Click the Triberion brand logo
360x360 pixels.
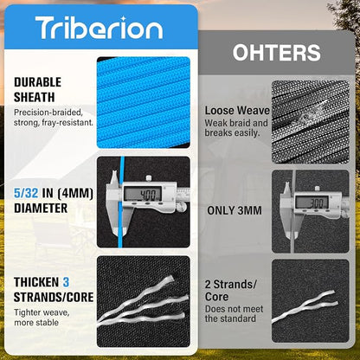pos(99,28)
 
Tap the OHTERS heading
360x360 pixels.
pos(276,53)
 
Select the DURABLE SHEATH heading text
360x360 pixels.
pos(37,90)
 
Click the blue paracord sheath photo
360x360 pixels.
pos(144,102)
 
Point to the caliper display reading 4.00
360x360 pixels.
pos(143,195)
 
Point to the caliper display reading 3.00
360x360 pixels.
pos(312,203)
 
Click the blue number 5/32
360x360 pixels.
pos(26,193)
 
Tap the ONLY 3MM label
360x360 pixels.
pos(235,210)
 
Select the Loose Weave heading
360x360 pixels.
pos(237,111)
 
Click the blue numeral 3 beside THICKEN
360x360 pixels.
pos(66,282)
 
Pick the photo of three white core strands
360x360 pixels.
pos(144,301)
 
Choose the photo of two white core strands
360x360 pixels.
pos(311,301)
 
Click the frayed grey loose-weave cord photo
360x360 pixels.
pos(311,122)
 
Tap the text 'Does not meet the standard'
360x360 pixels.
pos(234,314)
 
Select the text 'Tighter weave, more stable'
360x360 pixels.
pos(42,318)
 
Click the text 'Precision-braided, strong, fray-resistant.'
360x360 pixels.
pos(54,118)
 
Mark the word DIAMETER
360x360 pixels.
pos(41,209)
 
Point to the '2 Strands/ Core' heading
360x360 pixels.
pos(230,291)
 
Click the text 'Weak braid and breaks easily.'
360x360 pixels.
pos(236,128)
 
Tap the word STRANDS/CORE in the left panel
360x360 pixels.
pos(54,298)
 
